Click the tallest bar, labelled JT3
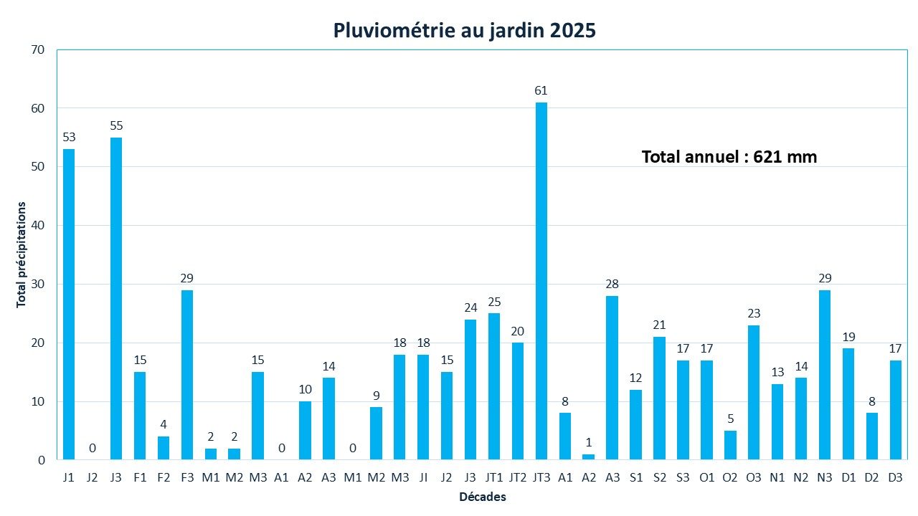point(541,281)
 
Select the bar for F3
point(186,375)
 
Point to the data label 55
point(116,125)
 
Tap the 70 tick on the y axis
point(37,49)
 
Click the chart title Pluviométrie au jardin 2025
point(464,31)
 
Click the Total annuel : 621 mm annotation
point(729,156)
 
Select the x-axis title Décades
point(483,497)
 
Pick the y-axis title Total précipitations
point(22,254)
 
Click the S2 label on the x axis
point(659,477)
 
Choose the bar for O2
point(730,445)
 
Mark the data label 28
point(612,284)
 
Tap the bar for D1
point(848,404)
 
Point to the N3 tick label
point(825,477)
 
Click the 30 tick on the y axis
point(37,284)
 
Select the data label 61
point(541,90)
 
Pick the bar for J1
point(69,305)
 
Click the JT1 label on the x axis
point(493,477)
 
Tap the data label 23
point(754,313)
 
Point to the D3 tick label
point(895,477)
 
